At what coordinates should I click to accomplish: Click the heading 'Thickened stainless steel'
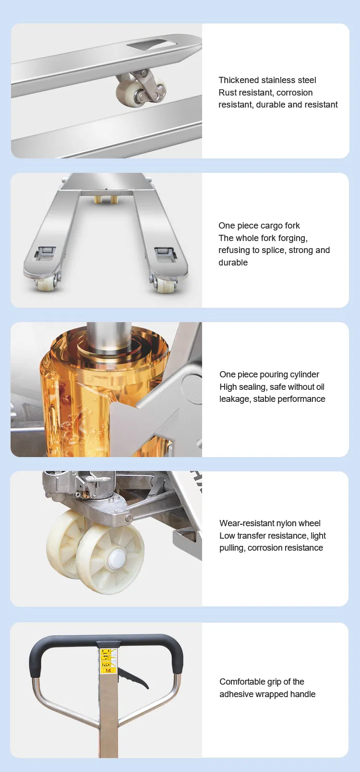coord(267,80)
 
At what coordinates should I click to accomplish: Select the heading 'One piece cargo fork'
coord(259,226)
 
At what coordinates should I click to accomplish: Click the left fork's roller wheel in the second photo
coord(44,284)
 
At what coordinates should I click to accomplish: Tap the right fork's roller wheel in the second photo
coord(164,285)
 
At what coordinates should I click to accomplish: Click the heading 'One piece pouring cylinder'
coord(269,374)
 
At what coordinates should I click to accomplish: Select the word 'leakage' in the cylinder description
coord(234,399)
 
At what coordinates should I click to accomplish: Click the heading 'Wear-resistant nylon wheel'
coord(270,523)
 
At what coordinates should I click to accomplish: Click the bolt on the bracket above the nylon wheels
coord(128,518)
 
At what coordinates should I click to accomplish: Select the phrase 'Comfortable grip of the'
coord(262,682)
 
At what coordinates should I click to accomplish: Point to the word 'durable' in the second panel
coord(233,263)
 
